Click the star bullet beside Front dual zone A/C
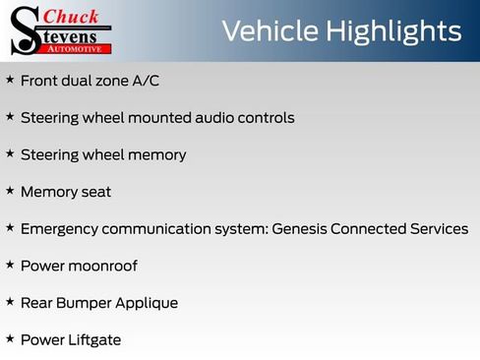tap(10, 80)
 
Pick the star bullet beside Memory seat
tap(10, 191)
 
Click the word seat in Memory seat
tap(94, 192)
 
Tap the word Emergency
tap(60, 229)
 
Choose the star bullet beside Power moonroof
tap(10, 265)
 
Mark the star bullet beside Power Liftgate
tap(10, 339)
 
